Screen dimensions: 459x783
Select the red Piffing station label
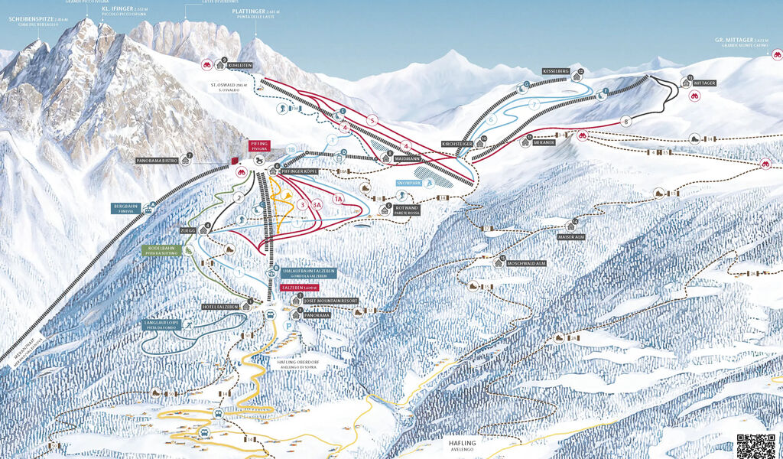[x=258, y=145]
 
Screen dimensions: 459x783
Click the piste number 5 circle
[x=372, y=120]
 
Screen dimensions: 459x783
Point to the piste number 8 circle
[x=626, y=120]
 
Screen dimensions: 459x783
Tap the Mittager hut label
[x=704, y=83]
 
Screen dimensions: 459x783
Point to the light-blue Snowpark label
[x=408, y=184]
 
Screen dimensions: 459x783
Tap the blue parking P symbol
[x=288, y=325]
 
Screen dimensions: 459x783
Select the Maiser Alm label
[x=570, y=237]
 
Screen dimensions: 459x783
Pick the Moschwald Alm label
[x=525, y=263]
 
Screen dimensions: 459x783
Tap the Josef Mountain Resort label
[x=330, y=301]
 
